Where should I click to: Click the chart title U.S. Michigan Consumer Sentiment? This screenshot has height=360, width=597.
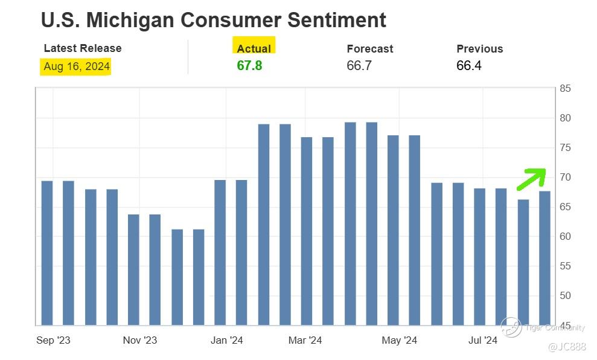[213, 20]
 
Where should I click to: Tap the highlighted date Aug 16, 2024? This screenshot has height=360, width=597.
[77, 66]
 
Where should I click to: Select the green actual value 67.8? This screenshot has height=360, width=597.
[249, 66]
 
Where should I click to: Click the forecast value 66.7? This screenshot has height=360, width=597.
[359, 66]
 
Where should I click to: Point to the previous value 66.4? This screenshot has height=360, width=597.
[469, 66]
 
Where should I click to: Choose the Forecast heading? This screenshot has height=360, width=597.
[369, 49]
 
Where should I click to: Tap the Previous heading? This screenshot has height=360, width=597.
[479, 49]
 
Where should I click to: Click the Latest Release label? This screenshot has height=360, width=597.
[83, 48]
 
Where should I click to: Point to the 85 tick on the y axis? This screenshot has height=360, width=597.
[565, 89]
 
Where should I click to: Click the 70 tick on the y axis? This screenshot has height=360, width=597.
[565, 178]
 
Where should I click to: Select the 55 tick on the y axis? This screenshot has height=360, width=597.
[565, 266]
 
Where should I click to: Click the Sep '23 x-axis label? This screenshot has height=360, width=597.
[53, 341]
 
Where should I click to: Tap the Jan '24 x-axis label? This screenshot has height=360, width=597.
[227, 341]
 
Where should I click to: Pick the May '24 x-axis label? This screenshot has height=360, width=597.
[399, 341]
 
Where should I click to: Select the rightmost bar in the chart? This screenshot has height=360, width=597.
[544, 259]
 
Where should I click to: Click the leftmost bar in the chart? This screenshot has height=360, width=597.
[47, 253]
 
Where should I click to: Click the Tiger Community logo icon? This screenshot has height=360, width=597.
[511, 327]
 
